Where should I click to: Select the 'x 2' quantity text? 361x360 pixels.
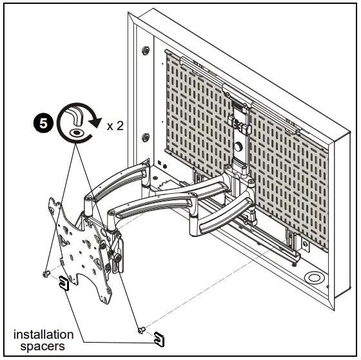click(115, 126)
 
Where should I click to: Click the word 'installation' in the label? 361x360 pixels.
click(44, 334)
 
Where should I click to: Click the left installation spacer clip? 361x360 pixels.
click(64, 282)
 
